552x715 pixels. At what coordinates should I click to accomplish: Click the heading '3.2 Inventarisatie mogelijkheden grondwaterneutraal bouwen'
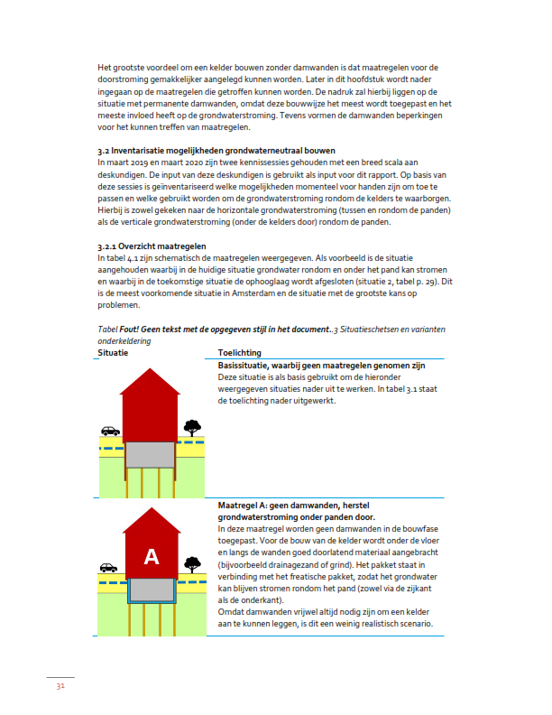[x=216, y=149]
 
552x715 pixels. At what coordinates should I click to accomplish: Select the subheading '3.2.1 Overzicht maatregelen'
[x=152, y=246]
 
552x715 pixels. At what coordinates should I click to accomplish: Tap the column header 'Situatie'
[x=113, y=353]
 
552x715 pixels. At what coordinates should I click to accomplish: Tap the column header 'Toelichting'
[x=240, y=353]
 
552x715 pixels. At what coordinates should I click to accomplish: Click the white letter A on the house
[x=152, y=557]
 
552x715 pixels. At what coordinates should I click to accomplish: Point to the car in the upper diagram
[x=110, y=431]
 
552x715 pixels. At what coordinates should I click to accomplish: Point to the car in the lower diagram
[x=109, y=568]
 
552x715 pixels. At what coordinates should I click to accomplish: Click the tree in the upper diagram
[x=192, y=427]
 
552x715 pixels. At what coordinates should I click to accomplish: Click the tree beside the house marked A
[x=191, y=564]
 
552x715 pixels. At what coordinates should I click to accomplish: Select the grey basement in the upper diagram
[x=152, y=454]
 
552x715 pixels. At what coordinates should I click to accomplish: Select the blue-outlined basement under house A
[x=152, y=590]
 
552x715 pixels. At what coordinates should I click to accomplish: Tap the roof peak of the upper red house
[x=152, y=370]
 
